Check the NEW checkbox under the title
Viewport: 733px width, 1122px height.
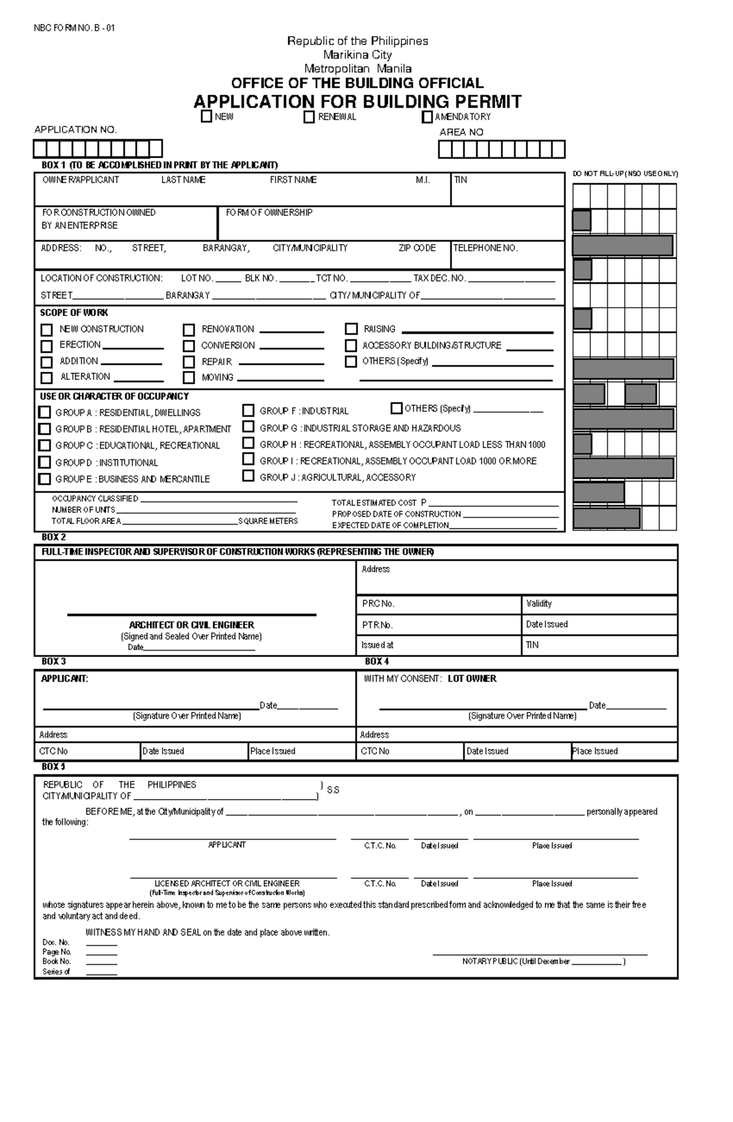pos(206,116)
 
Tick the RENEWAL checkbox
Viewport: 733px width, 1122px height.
pos(309,117)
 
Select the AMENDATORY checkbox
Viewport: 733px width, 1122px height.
pos(427,117)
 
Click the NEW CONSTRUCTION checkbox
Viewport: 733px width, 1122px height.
pos(46,330)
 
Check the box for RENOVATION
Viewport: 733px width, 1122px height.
pos(189,330)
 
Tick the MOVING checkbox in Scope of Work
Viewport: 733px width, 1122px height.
pos(189,378)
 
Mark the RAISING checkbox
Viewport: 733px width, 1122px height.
pos(351,329)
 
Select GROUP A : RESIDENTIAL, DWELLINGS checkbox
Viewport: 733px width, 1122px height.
pos(45,412)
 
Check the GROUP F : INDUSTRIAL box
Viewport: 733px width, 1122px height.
pos(248,410)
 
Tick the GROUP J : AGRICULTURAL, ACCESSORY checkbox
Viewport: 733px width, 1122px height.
pos(248,476)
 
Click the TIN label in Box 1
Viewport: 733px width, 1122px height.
pos(461,180)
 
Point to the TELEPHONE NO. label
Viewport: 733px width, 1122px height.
pos(485,248)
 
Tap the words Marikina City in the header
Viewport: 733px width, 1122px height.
pos(357,55)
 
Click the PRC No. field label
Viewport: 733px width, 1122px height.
pos(378,603)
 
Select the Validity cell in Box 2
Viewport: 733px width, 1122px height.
pos(539,603)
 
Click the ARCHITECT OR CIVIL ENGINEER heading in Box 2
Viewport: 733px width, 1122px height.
pos(191,625)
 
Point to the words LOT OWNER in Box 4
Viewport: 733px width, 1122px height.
pos(472,679)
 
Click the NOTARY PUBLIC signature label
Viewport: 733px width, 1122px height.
pos(516,962)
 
